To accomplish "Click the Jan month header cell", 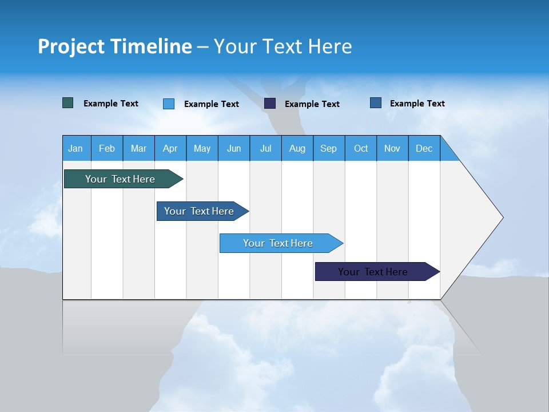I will coord(76,148).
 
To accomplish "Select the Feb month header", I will coord(107,148).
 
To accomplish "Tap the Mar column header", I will coord(138,148).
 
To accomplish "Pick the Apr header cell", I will coord(170,148).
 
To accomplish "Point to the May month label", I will coord(202,148).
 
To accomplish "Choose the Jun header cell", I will coord(234,148).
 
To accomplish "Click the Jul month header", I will coord(265,148).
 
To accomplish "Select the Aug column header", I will coord(297,148).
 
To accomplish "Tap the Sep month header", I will coord(329,148).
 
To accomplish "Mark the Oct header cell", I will coord(361,148).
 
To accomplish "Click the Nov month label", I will coord(392,148).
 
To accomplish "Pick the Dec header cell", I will coord(424,148).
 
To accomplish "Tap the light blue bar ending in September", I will coord(279,243).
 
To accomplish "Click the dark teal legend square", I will coord(68,103).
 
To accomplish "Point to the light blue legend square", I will coord(169,104).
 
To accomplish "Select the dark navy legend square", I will coord(270,104).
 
